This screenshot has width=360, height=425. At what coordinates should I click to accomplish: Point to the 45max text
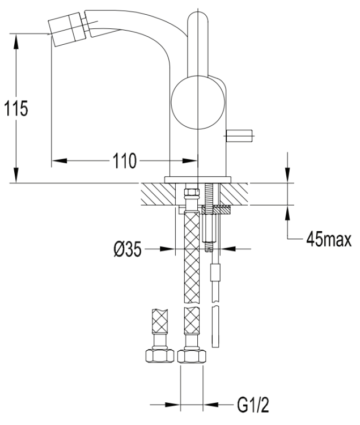(328, 238)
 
